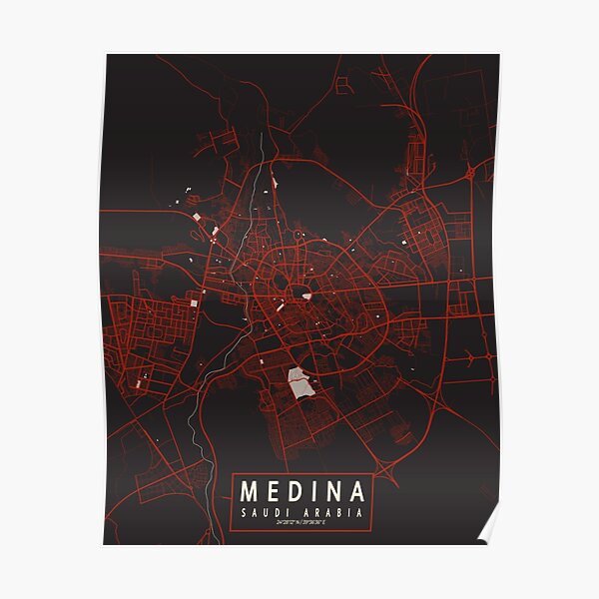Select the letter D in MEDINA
pyautogui.click(x=299, y=492)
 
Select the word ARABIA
pyautogui.click(x=331, y=513)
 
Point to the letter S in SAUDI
pyautogui.click(x=245, y=513)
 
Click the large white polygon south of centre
pyautogui.click(x=299, y=380)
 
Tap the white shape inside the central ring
pyautogui.click(x=306, y=296)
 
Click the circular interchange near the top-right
pyautogui.click(x=469, y=174)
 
